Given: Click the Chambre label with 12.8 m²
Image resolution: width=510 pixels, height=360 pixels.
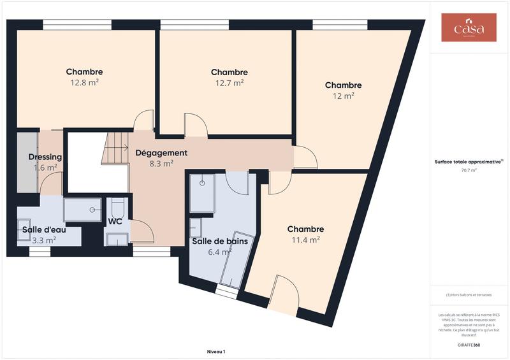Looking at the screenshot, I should tap(84, 72).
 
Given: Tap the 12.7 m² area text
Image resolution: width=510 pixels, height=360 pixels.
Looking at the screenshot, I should tap(229, 83).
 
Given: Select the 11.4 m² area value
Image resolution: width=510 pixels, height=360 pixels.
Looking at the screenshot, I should tap(305, 240).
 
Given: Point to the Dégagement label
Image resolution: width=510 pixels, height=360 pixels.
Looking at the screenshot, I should tap(161, 153).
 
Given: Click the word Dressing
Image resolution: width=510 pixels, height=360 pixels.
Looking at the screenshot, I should tap(45, 157).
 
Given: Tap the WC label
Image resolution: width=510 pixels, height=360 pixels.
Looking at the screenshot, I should tap(115, 222).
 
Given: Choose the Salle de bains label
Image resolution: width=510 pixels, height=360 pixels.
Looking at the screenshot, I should tap(220, 241).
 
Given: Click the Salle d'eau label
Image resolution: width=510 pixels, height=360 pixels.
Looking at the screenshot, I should tap(44, 229).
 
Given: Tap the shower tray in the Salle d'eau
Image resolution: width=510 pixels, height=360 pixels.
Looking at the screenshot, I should tap(82, 209).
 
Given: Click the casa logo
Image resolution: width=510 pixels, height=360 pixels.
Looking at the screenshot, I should tap(469, 28).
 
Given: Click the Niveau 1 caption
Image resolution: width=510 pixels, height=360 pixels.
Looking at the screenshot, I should tap(216, 351).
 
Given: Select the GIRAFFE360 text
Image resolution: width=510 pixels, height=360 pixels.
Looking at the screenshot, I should tap(469, 345).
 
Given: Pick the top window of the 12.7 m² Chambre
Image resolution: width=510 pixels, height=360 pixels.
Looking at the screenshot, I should tap(194, 25).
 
